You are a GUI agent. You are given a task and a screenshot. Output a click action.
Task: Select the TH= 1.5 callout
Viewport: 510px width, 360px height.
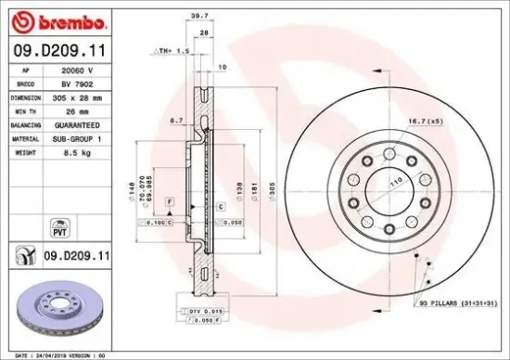coord(175,52)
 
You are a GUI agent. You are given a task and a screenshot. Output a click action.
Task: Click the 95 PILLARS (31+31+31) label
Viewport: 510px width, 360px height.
coord(458,302)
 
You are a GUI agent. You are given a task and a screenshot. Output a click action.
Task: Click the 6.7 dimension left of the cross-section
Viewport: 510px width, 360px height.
coord(175,121)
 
